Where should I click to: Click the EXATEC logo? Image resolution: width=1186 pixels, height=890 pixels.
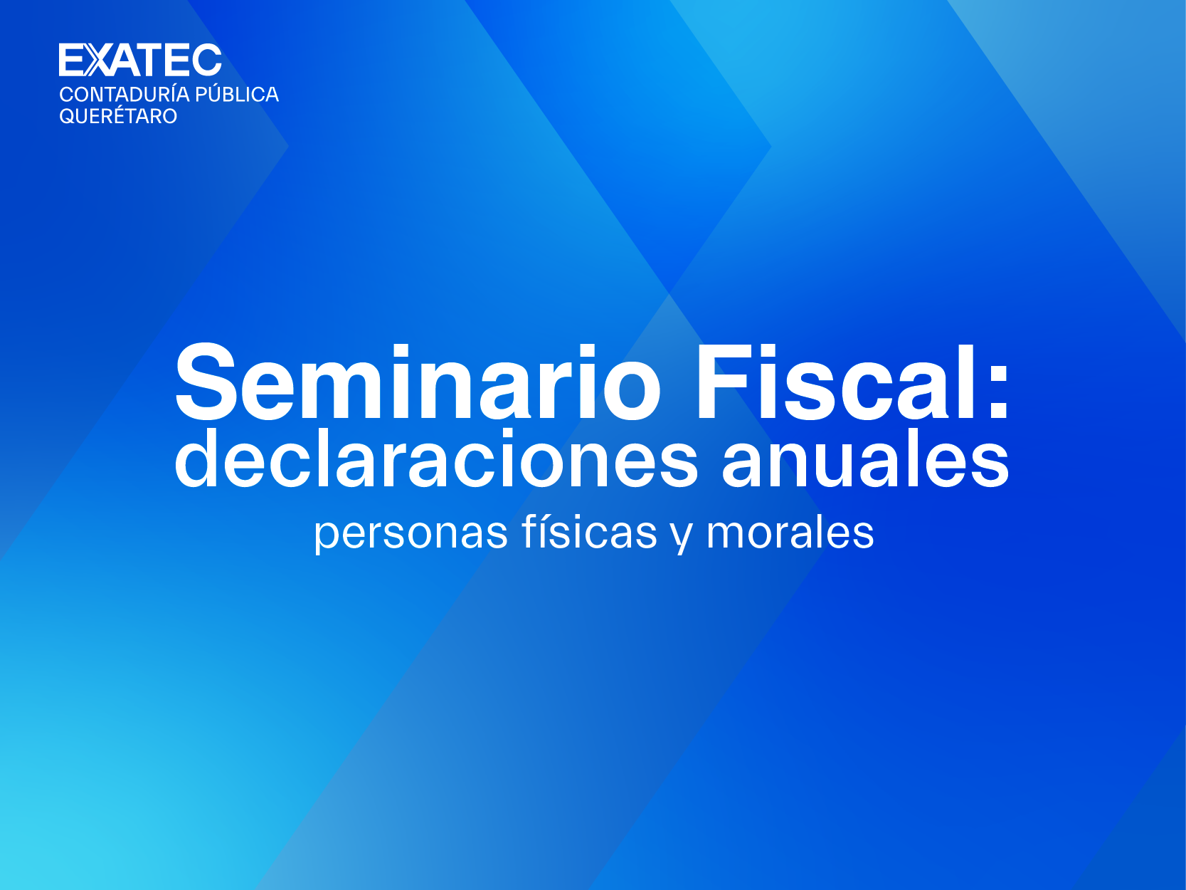140,60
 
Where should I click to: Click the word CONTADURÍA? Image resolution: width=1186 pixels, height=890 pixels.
125,94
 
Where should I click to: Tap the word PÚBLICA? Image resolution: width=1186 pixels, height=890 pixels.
237,94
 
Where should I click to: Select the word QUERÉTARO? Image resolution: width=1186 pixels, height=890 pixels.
118,116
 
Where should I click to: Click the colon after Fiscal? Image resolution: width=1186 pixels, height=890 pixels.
998,389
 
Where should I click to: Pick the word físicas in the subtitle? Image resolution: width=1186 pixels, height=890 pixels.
590,532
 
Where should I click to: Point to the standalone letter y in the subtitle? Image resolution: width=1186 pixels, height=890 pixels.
682,537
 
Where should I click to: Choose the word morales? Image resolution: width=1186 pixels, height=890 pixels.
790,532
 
